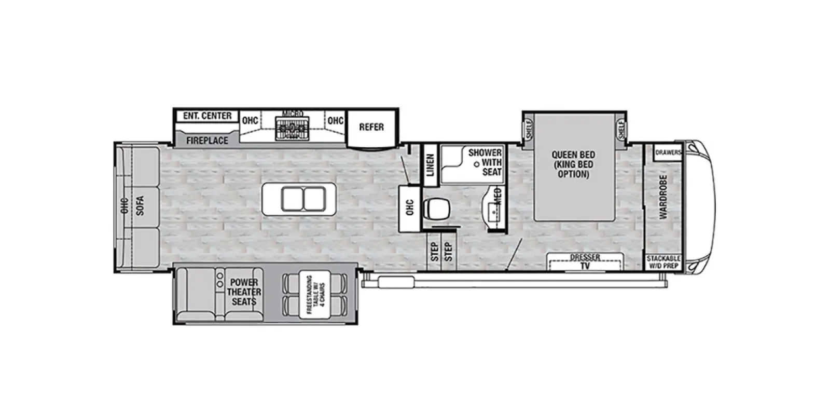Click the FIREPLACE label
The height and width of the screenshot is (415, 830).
pyautogui.click(x=207, y=141)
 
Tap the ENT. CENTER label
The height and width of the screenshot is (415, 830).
pyautogui.click(x=207, y=116)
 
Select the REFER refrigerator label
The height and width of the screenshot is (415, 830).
pyautogui.click(x=371, y=127)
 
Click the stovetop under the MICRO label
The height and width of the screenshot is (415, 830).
pyautogui.click(x=292, y=128)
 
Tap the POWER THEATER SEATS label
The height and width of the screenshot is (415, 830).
pyautogui.click(x=244, y=292)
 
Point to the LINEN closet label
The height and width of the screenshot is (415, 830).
pyautogui.click(x=430, y=165)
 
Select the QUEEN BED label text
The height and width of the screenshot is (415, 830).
pyautogui.click(x=573, y=155)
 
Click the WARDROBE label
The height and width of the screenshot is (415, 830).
pyautogui.click(x=663, y=197)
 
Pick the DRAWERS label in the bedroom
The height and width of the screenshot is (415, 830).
pyautogui.click(x=668, y=152)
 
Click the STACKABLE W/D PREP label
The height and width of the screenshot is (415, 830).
pyautogui.click(x=663, y=262)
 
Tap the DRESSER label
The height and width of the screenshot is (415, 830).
pyautogui.click(x=585, y=257)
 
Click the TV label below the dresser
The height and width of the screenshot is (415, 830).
pyautogui.click(x=585, y=266)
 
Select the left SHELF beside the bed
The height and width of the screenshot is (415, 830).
pyautogui.click(x=529, y=129)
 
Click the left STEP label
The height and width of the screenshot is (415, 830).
pyautogui.click(x=434, y=252)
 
